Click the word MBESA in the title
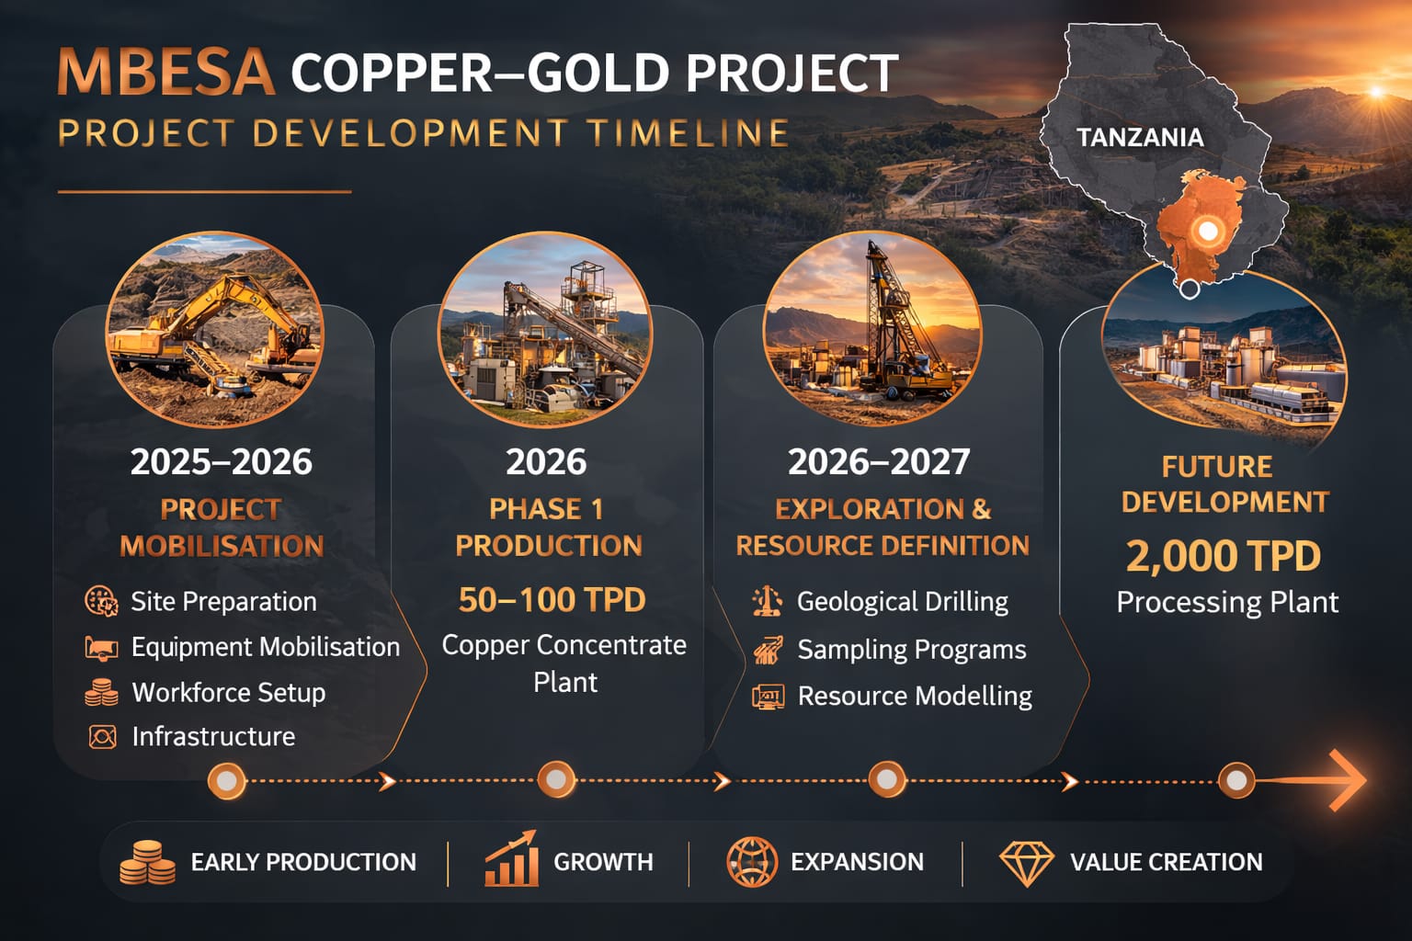[x=166, y=73]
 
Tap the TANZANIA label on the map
[x=1140, y=138]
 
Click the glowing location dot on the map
[x=1207, y=231]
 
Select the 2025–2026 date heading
[x=222, y=461]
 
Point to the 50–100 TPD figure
[x=552, y=599]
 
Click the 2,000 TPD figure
[x=1224, y=556]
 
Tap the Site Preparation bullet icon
[x=101, y=601]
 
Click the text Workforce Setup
[x=229, y=693]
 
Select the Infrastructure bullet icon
[x=102, y=737]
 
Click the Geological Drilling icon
[x=768, y=601]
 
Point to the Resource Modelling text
[x=916, y=696]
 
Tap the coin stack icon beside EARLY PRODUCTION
[x=147, y=862]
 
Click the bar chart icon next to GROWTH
[x=511, y=859]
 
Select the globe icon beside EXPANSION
[x=752, y=862]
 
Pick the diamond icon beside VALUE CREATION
[x=1026, y=864]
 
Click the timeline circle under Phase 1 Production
[x=556, y=779]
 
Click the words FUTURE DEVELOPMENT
[x=1224, y=484]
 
